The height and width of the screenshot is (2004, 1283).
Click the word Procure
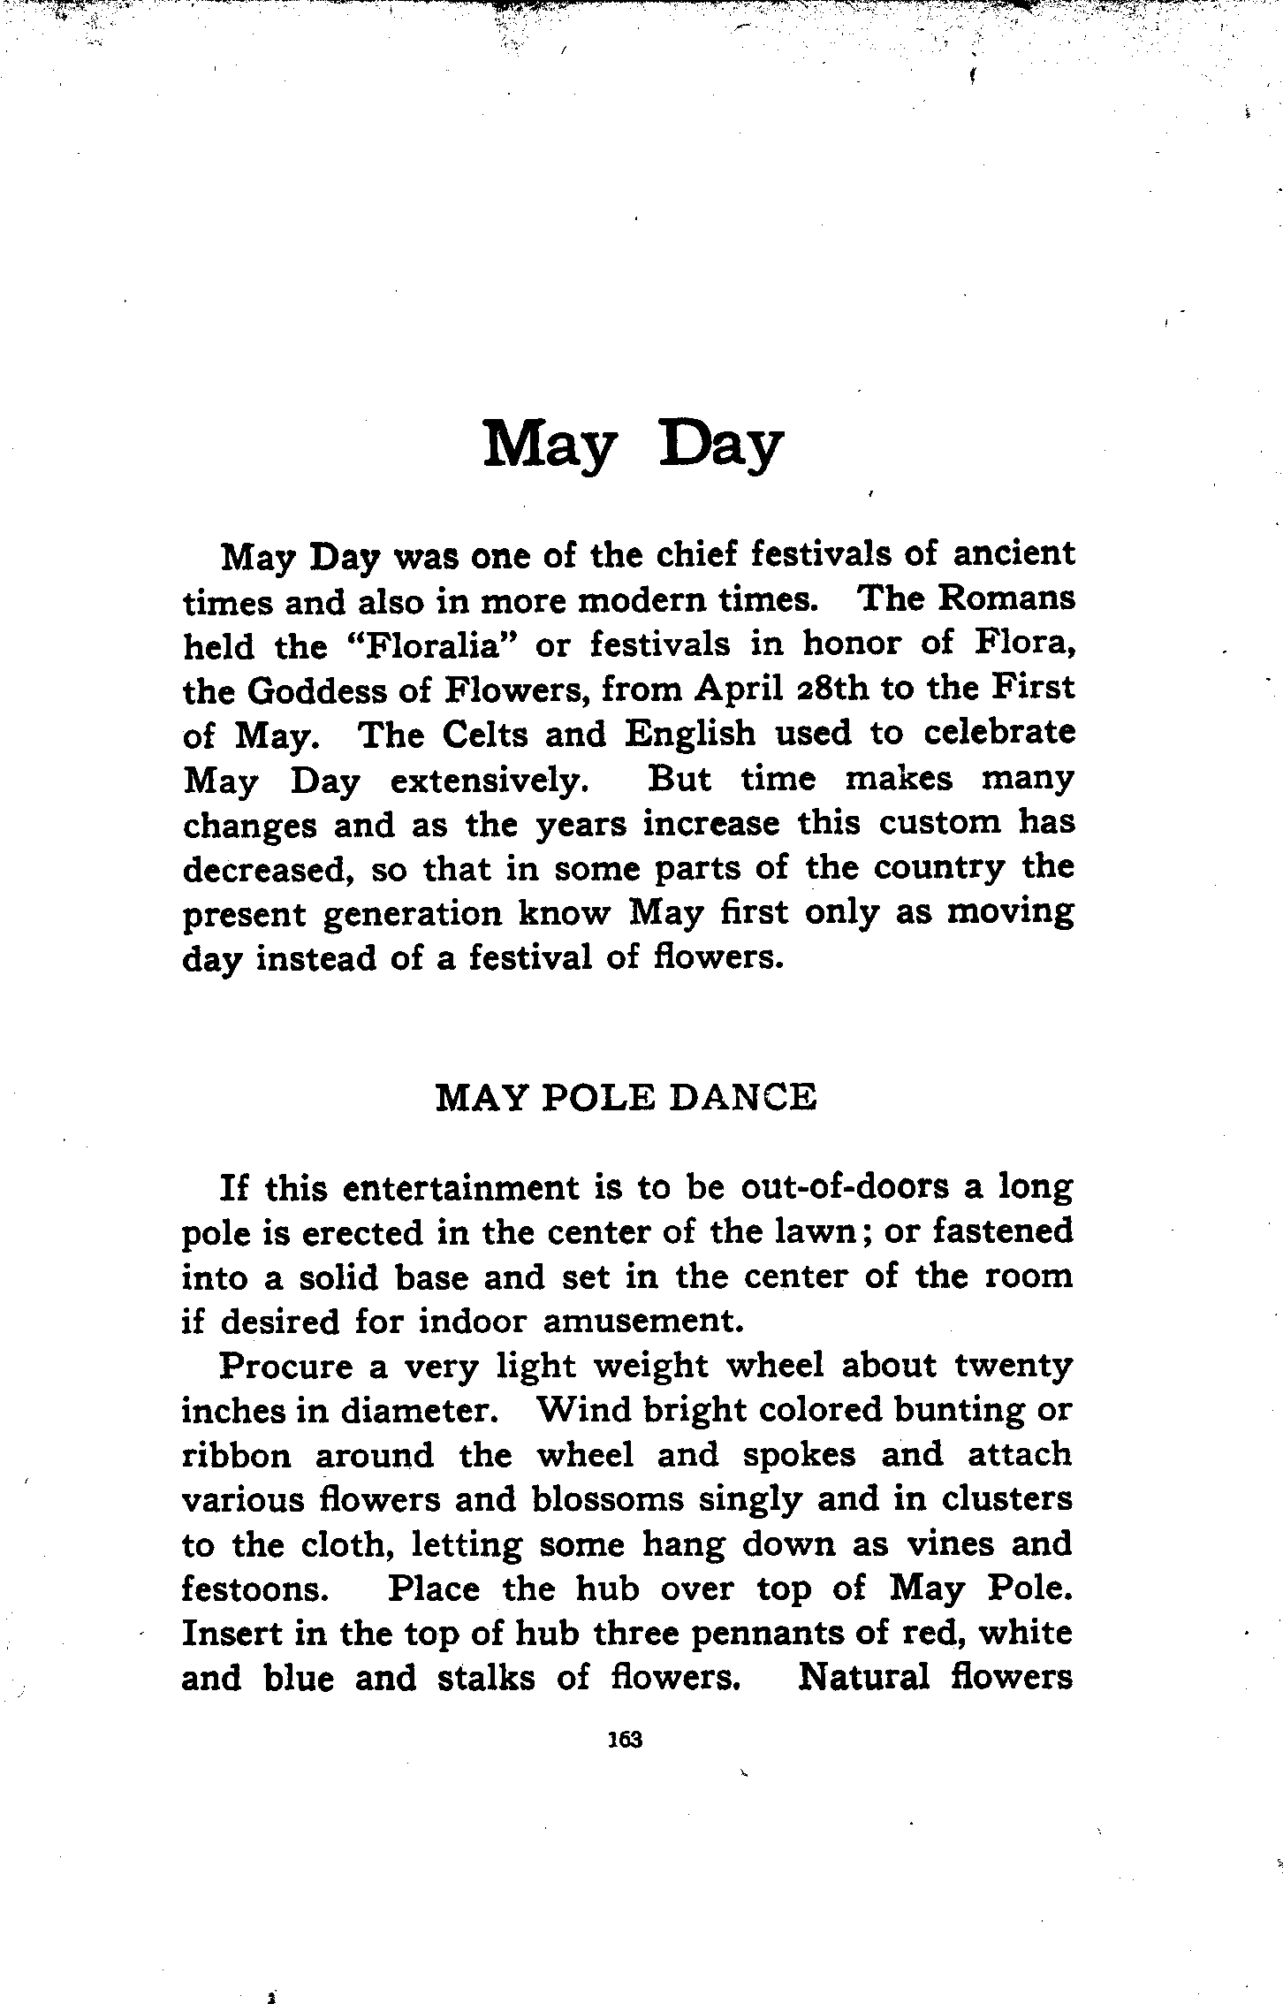click(285, 1366)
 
